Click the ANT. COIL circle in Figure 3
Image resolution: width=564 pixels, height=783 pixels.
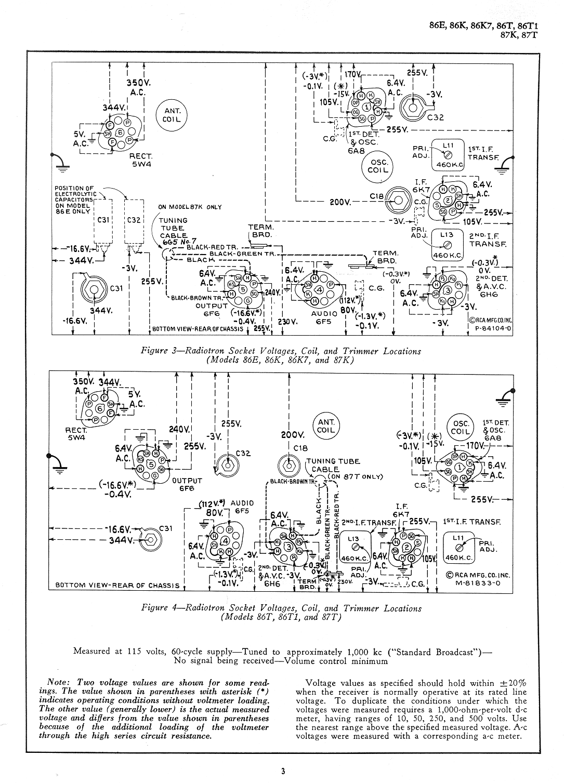[172, 115]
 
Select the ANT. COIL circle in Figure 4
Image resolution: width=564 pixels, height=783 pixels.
[326, 426]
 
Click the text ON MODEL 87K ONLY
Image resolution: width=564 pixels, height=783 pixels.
[190, 207]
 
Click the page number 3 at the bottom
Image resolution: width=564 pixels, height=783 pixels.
[282, 771]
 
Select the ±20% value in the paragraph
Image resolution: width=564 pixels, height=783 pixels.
[514, 683]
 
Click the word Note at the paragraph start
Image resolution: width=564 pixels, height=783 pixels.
[56, 683]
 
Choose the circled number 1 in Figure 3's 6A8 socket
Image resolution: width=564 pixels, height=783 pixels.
[368, 107]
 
